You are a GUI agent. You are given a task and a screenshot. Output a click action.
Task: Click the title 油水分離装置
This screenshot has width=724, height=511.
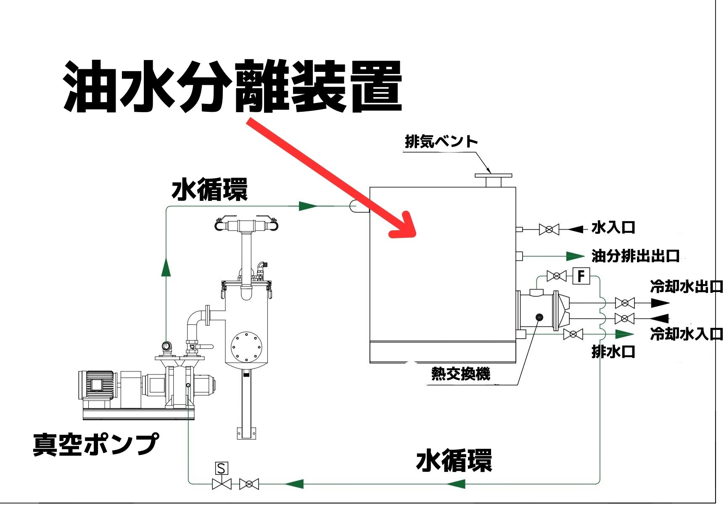click(x=233, y=87)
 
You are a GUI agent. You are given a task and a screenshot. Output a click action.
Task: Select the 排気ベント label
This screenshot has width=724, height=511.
click(x=441, y=142)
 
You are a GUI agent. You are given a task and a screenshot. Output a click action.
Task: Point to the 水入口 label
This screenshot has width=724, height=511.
click(x=613, y=228)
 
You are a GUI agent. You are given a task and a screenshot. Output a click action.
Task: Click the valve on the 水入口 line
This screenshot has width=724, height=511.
click(x=549, y=229)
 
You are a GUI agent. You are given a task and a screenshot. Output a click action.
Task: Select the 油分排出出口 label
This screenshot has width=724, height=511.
click(x=635, y=255)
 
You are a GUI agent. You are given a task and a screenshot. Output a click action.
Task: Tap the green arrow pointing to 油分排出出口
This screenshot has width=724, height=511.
click(x=574, y=256)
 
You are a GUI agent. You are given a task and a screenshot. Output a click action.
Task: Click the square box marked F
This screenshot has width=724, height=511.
click(x=581, y=276)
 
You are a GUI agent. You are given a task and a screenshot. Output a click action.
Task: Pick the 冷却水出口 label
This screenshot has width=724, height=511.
click(x=686, y=287)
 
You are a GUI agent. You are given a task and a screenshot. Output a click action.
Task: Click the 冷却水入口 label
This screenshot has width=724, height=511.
click(x=686, y=334)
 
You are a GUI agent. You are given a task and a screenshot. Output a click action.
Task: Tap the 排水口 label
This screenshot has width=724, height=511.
click(x=613, y=351)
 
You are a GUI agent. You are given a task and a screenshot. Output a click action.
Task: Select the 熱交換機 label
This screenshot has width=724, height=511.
click(x=460, y=374)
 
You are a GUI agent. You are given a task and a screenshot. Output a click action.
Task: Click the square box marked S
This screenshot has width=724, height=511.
click(x=222, y=468)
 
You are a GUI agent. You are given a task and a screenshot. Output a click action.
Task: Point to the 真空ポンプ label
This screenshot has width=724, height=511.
click(x=96, y=445)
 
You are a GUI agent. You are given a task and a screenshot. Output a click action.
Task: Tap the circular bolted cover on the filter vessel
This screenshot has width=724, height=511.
click(x=246, y=347)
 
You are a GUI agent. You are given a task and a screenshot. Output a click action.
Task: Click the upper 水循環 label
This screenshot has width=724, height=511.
click(x=209, y=190)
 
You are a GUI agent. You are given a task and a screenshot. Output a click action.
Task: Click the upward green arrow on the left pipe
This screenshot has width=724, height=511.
click(x=166, y=267)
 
